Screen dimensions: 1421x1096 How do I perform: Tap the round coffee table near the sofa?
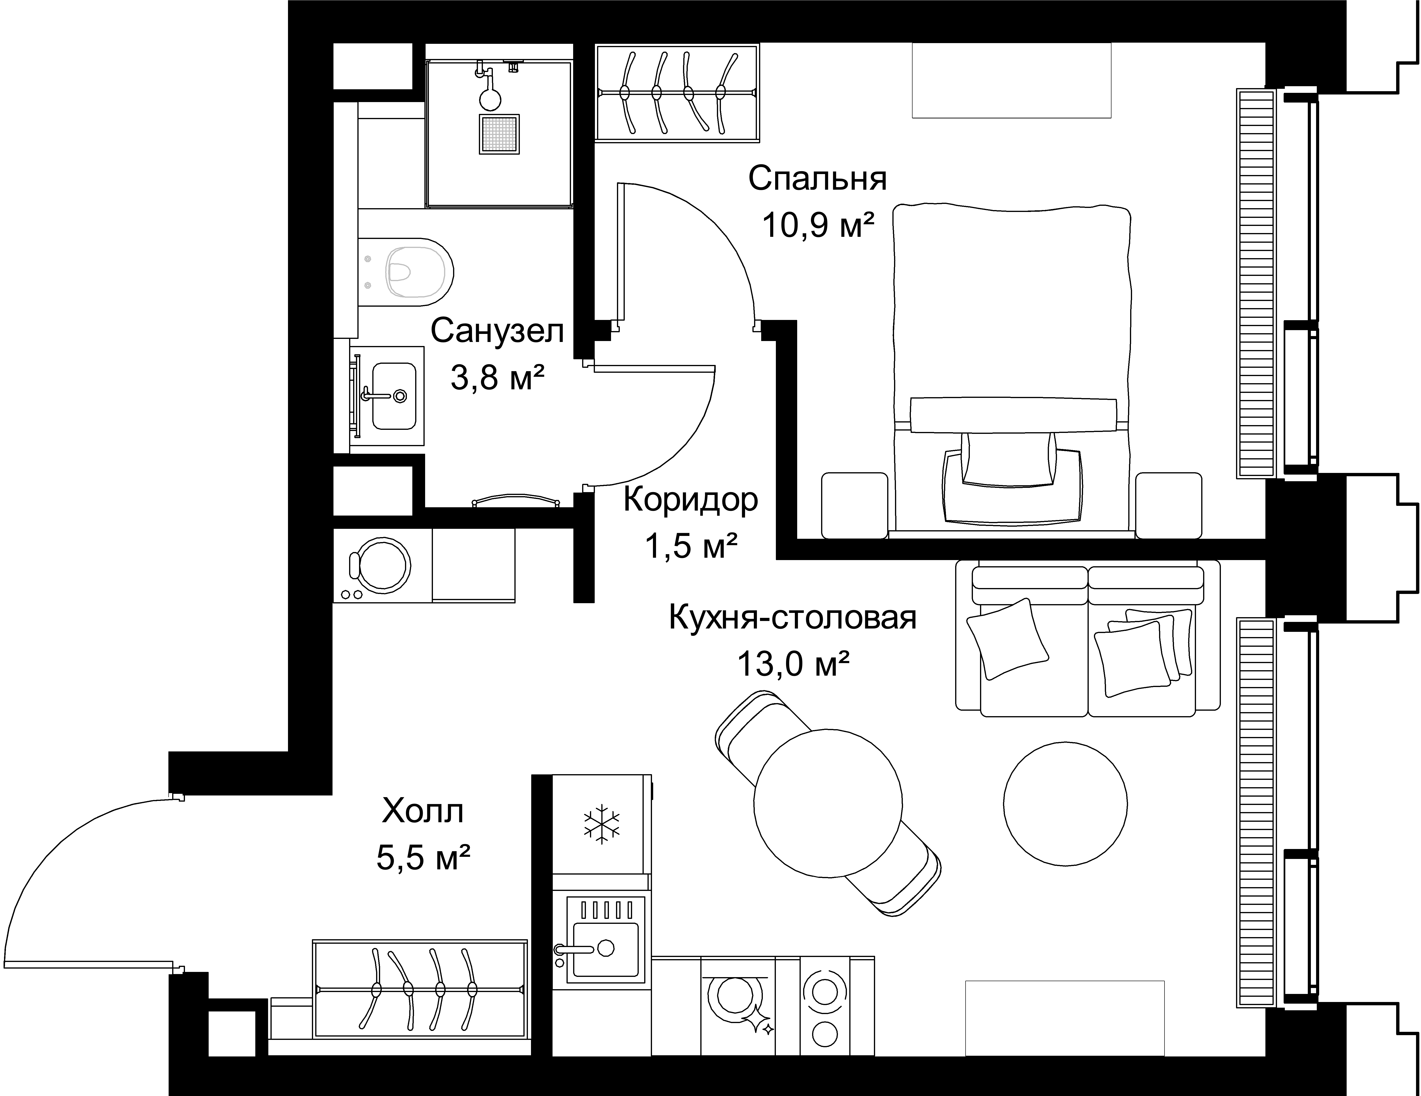[1065, 804]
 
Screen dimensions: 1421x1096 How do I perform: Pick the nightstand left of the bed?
[855, 505]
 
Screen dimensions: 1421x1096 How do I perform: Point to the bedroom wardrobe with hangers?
[677, 92]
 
